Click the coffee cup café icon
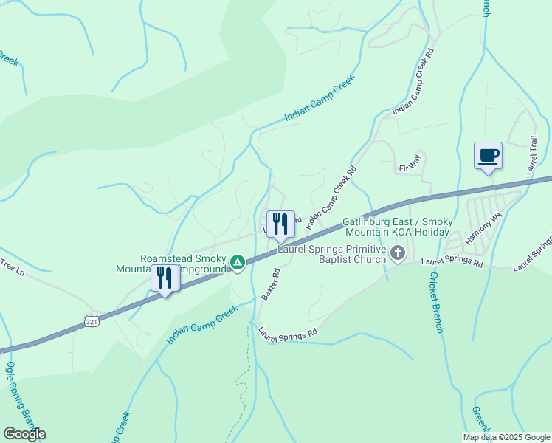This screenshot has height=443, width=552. point(487,156)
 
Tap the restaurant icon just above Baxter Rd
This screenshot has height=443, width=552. point(280,224)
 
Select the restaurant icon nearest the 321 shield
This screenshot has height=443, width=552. point(165,278)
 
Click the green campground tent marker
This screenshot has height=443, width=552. point(238,262)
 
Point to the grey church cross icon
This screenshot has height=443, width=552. point(398,255)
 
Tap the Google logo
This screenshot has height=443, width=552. point(24,434)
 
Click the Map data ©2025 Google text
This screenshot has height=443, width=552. point(506,437)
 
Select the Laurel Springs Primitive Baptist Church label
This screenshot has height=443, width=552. point(332,254)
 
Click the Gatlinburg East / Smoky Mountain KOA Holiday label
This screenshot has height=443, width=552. point(396,227)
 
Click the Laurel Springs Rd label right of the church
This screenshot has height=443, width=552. point(452,262)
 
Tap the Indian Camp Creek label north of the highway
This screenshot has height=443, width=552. point(320,98)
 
